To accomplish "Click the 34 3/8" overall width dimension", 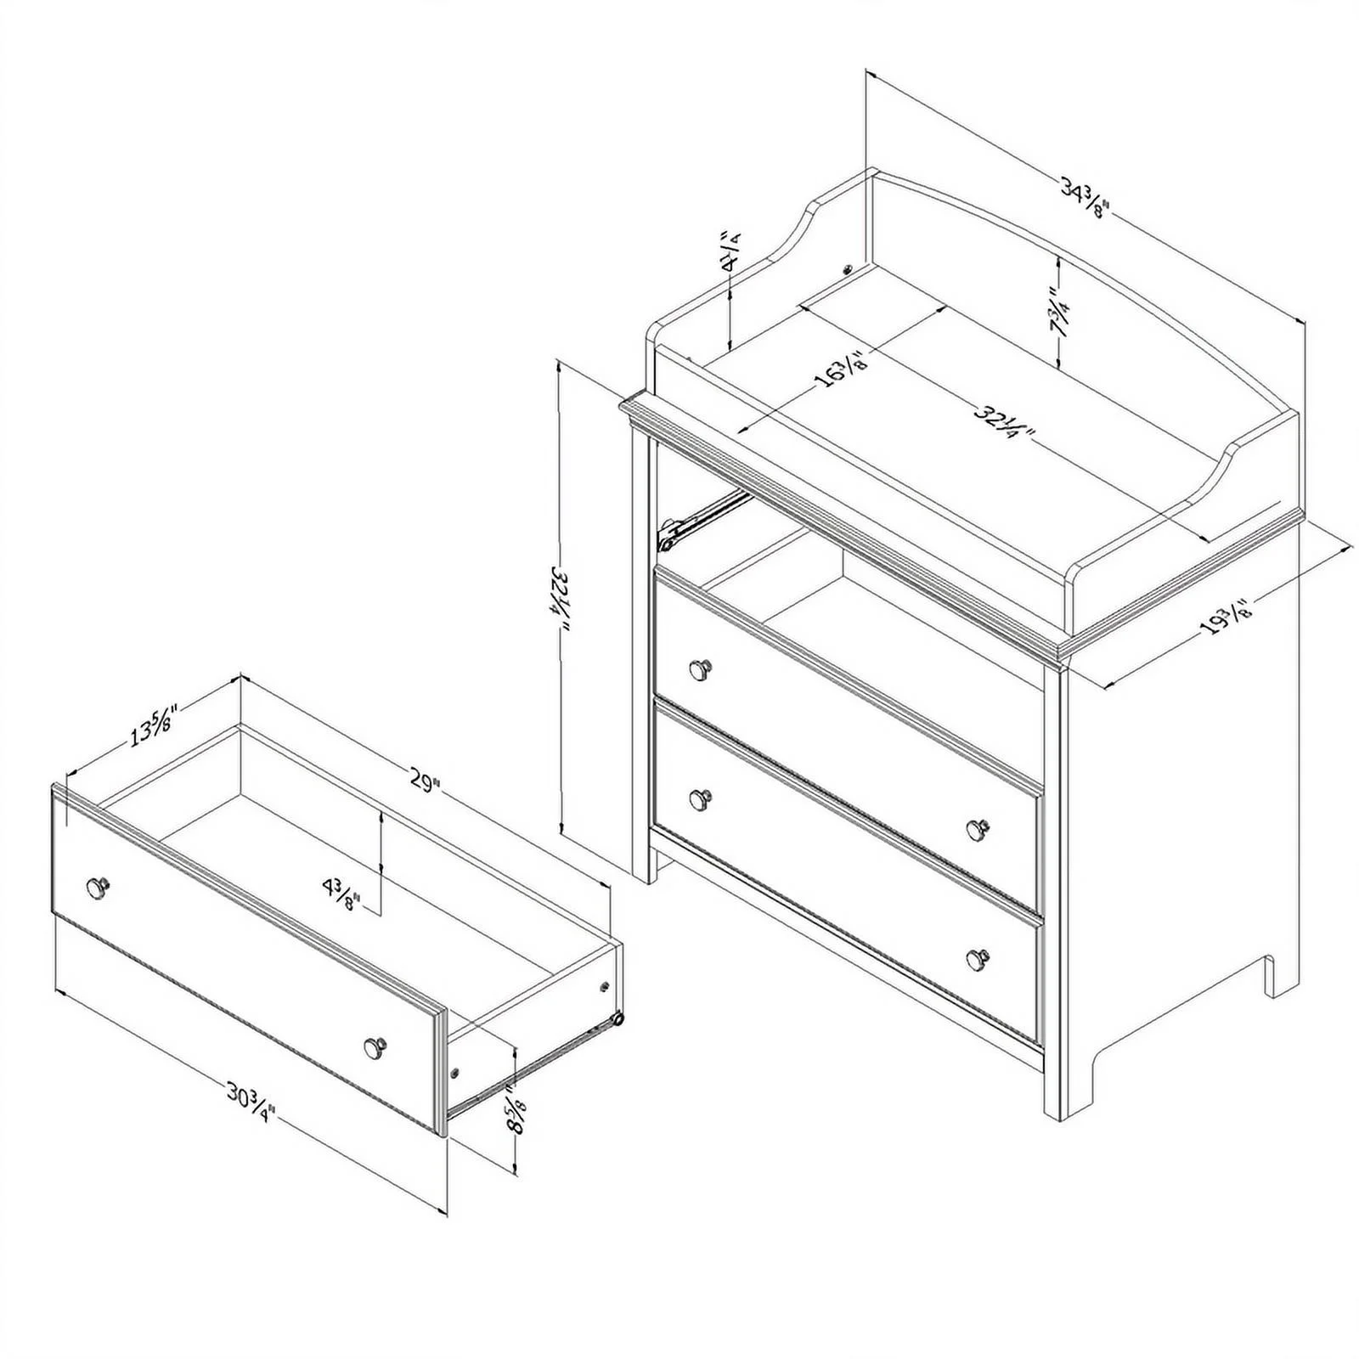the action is [x=1086, y=199].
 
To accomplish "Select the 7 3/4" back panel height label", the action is [x=1059, y=312].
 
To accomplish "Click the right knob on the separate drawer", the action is [x=374, y=1047].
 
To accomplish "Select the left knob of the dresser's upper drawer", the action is [x=700, y=670].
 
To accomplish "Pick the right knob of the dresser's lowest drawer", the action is [x=978, y=958].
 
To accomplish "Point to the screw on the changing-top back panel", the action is [x=847, y=269].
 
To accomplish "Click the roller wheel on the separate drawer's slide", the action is [x=617, y=1018].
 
